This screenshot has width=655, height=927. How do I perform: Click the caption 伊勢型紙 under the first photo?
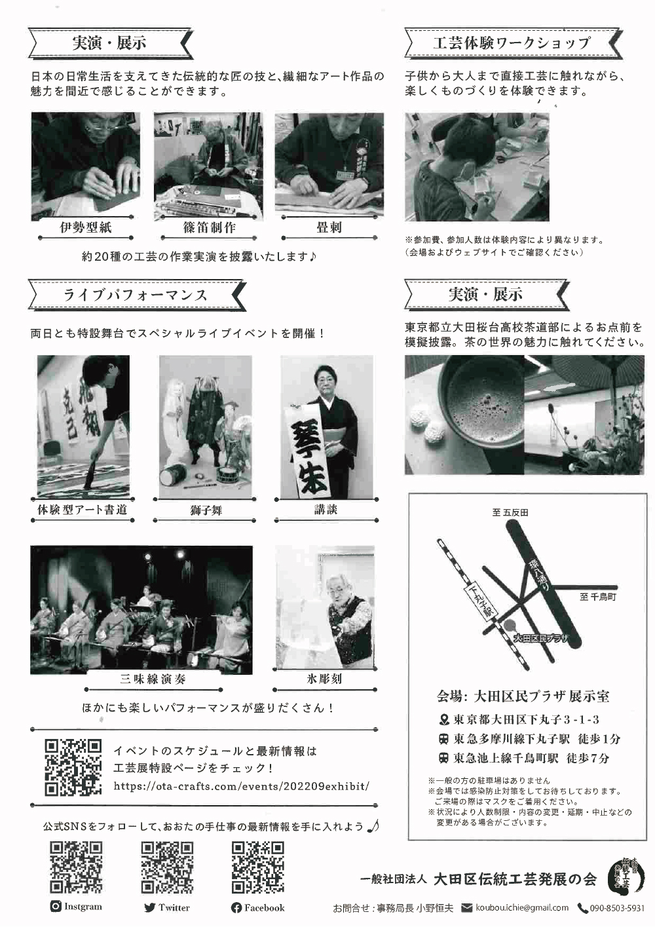tap(86, 227)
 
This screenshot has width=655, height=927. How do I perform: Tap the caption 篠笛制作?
tap(210, 227)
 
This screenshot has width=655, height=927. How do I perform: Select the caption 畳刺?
tap(329, 227)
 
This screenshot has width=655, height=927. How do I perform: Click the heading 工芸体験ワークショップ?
tap(512, 43)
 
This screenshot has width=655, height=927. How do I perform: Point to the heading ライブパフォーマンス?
tap(136, 295)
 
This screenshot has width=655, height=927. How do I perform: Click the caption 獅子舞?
tap(206, 510)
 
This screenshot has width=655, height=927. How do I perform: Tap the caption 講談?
tap(326, 510)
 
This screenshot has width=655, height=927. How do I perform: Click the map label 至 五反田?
tap(510, 513)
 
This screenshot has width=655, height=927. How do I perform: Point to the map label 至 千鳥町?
tap(598, 597)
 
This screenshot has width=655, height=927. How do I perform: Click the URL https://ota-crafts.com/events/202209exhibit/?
tap(241, 786)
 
